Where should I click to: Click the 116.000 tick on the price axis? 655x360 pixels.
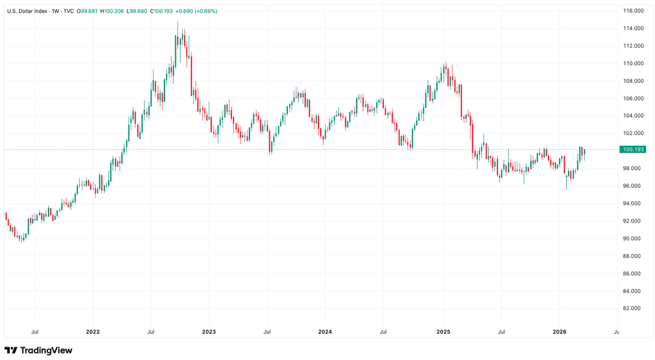click(x=633, y=11)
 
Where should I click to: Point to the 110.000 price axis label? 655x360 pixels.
click(x=633, y=63)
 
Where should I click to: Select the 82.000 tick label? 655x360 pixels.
click(x=634, y=309)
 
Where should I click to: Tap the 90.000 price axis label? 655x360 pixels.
click(x=634, y=239)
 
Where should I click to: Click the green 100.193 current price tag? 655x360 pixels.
click(x=633, y=150)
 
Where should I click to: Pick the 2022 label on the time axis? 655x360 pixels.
click(x=93, y=332)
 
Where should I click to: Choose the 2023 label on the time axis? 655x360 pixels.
click(x=209, y=332)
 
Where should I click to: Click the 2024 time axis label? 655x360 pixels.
click(x=325, y=332)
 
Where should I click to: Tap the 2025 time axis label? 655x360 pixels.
click(x=443, y=332)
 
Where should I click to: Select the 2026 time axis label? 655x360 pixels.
click(x=559, y=332)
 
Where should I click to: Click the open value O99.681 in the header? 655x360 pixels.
click(x=86, y=12)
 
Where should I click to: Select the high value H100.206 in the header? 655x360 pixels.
click(x=112, y=12)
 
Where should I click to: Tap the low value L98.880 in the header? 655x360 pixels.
click(x=137, y=12)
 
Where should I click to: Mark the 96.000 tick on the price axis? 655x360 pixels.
click(x=634, y=186)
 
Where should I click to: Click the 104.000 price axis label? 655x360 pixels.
click(x=633, y=116)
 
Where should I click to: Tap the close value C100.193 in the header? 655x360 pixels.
click(x=161, y=12)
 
